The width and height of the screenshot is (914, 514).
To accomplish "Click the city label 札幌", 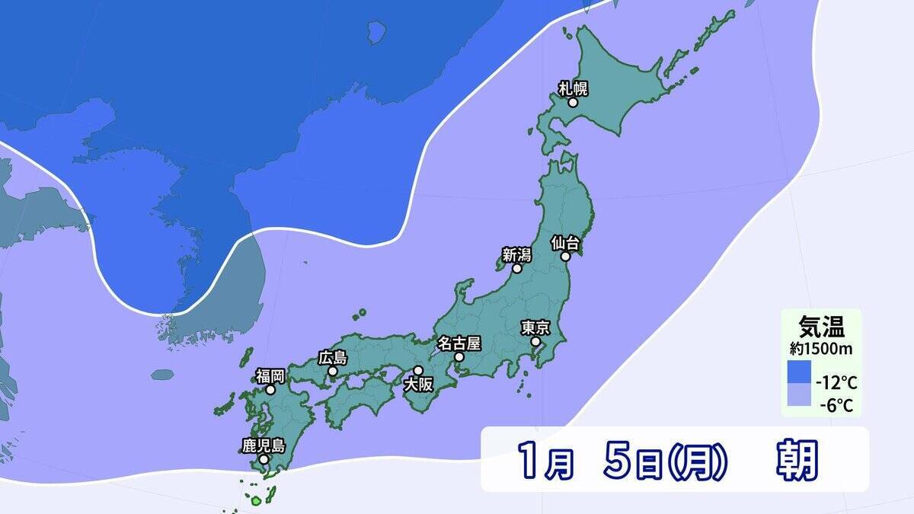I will point(573,88).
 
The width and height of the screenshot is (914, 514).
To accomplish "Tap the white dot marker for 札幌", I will point(573,102).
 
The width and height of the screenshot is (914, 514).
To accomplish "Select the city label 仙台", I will point(566,244).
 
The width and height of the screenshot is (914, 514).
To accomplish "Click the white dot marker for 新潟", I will point(516,269).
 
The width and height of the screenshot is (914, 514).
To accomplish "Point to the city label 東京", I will point(535,327).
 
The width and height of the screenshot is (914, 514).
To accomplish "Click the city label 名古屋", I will point(459,343).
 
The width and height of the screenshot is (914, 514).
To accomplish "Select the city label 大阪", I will point(418,384).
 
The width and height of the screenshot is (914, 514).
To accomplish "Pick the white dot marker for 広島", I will point(332,371).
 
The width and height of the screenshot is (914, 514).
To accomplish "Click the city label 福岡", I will point(270,375).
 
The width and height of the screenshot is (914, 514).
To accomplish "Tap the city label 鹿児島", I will point(263,445).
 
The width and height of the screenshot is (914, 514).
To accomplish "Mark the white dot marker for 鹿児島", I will point(263,459).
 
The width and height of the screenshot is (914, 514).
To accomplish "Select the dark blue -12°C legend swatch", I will point(800,373).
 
